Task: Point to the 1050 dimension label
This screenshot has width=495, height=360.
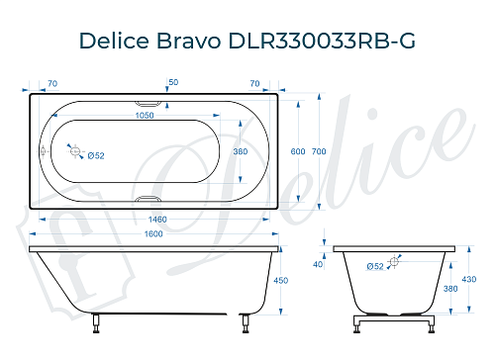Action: coord(148,114)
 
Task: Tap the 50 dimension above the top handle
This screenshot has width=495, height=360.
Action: coord(173,80)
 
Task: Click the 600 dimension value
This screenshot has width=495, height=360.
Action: coord(296,150)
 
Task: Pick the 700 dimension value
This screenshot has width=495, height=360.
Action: coord(319,150)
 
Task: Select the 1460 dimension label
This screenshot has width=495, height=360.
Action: coord(148,219)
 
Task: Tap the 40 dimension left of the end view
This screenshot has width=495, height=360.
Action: coord(318,265)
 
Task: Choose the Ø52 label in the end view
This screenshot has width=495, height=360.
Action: coord(375,267)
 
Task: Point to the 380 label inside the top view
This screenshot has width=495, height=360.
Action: coord(239,151)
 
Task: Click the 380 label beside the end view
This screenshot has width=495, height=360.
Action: coord(450,289)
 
